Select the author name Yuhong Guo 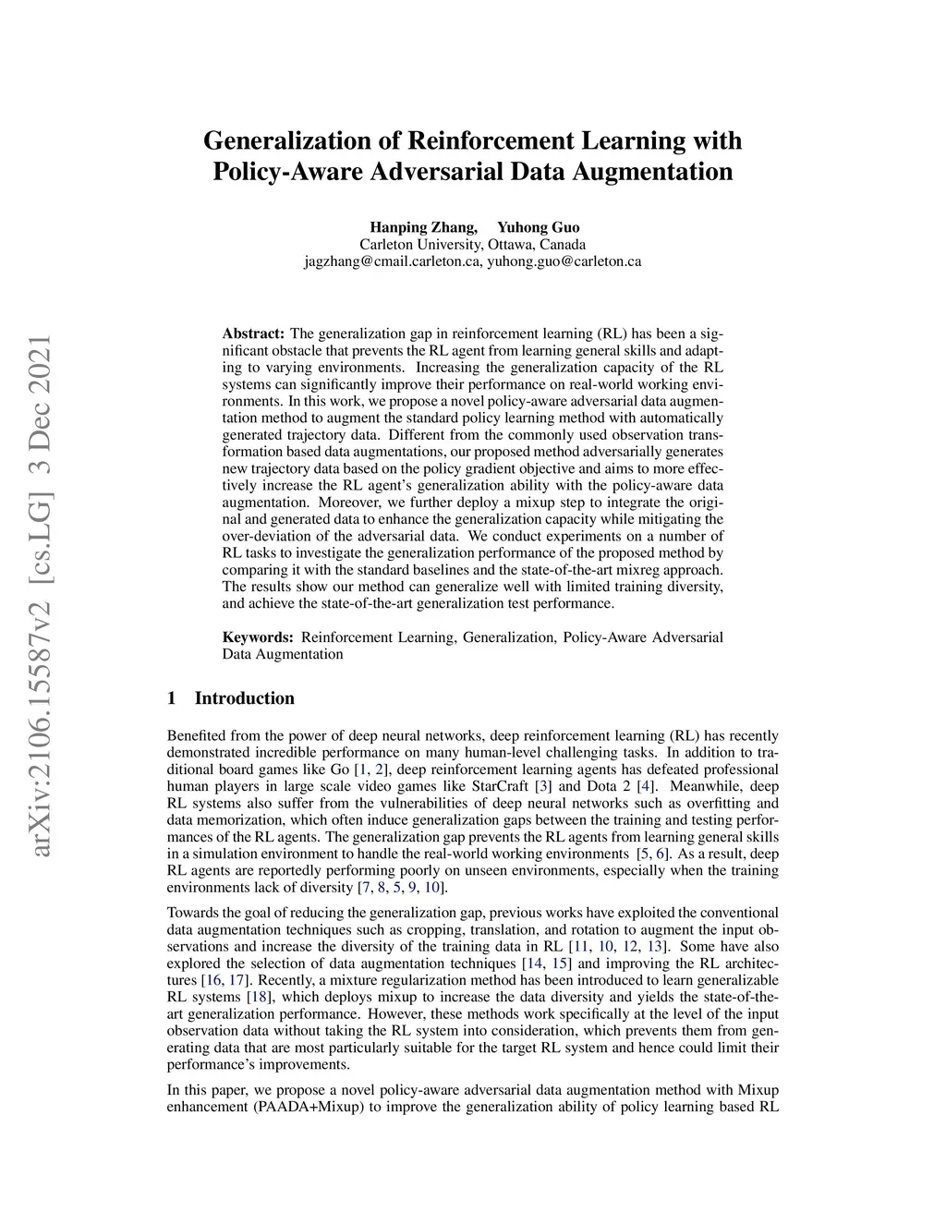click(539, 227)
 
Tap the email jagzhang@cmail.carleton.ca click(393, 261)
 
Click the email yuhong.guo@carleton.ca click(564, 261)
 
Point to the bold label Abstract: click(253, 333)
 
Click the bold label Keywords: click(258, 637)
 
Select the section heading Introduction click(244, 698)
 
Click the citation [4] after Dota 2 click(647, 787)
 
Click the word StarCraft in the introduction click(500, 787)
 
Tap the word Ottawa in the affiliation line click(511, 245)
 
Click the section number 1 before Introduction click(172, 698)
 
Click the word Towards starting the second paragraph click(191, 913)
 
